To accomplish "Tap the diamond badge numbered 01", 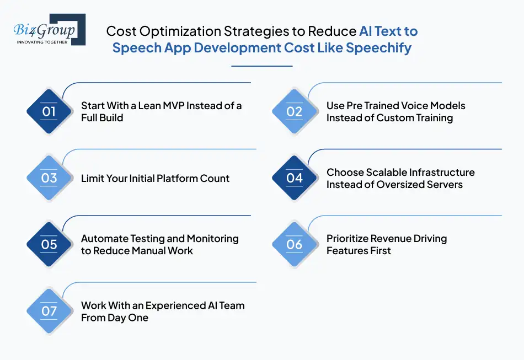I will point(49,111).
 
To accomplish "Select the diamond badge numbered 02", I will point(295,111).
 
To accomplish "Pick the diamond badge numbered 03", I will point(49,178).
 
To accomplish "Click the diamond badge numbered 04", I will point(295,178).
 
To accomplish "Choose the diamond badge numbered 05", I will point(49,244).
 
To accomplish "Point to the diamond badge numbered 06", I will point(295,244).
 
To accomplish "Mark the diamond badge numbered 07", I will point(49,311).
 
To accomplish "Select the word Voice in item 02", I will point(423,106).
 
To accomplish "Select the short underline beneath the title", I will point(261,66).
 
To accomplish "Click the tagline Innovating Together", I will point(42,41).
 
